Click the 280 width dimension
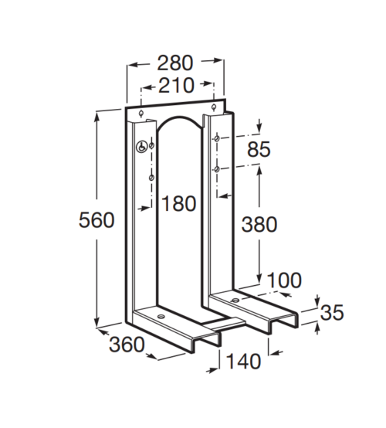pos(175,63)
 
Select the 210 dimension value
pos(176,85)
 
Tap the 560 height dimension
pos(96,219)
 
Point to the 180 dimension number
pos(178,203)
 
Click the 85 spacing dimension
pos(259,149)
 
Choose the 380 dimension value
pos(259,224)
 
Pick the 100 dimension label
pos(284,280)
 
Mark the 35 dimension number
pos(332,313)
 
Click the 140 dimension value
pos(244,361)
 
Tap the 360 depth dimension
pos(127,345)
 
